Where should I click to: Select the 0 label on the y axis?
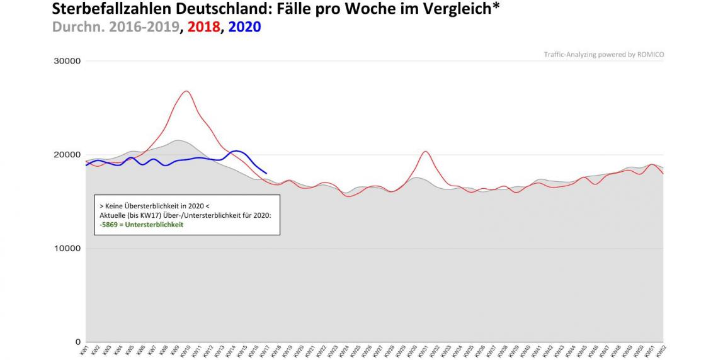pyautogui.click(x=77, y=342)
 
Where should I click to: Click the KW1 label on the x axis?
pyautogui.click(x=84, y=349)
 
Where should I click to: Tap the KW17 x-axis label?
pyautogui.click(x=265, y=351)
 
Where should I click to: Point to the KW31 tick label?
pyautogui.click(x=424, y=351)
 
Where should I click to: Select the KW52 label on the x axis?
pyautogui.click(x=662, y=351)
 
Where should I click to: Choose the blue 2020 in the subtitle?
pyautogui.click(x=244, y=27)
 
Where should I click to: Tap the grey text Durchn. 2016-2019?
pyautogui.click(x=115, y=27)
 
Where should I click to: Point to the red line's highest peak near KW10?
pyautogui.click(x=186, y=91)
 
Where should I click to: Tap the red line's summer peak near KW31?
pyautogui.click(x=425, y=151)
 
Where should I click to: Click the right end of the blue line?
pyautogui.click(x=266, y=173)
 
